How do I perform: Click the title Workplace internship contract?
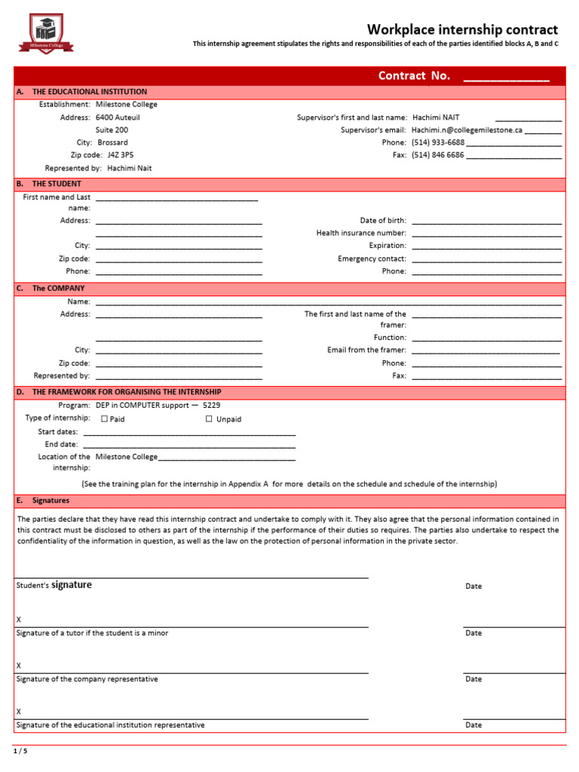(462, 29)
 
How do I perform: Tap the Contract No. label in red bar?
(414, 75)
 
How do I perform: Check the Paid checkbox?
(105, 419)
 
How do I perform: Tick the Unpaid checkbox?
(209, 419)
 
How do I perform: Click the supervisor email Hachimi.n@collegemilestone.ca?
(467, 130)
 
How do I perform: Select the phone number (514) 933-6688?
(438, 142)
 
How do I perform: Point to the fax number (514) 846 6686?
(438, 155)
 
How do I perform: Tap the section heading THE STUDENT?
(57, 183)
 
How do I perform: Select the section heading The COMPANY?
(58, 288)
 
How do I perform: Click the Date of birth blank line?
(486, 222)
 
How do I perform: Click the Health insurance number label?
(361, 234)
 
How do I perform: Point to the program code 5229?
(212, 405)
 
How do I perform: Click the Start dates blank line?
(188, 433)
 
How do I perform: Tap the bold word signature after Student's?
(72, 585)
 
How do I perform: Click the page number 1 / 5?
(20, 751)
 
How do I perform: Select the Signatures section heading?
(51, 501)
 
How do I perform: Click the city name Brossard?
(113, 142)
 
